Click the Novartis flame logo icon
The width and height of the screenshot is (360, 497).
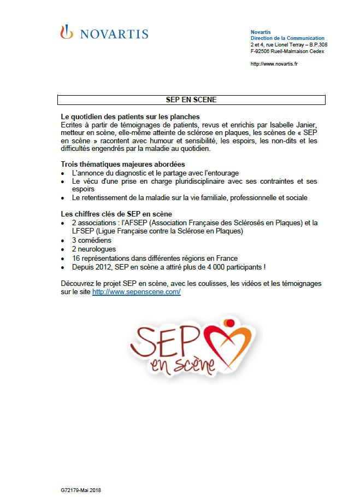66,33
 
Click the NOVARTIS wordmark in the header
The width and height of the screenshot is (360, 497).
114,34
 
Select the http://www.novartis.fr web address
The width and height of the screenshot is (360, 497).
274,64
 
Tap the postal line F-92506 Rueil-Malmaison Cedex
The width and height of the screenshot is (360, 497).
287,51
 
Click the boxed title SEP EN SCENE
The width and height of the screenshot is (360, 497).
191,100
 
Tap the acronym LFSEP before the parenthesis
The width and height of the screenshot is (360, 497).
83,231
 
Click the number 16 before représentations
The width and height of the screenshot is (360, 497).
76,258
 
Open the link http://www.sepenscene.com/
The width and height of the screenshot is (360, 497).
136,293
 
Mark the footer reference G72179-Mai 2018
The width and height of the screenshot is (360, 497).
81,490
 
